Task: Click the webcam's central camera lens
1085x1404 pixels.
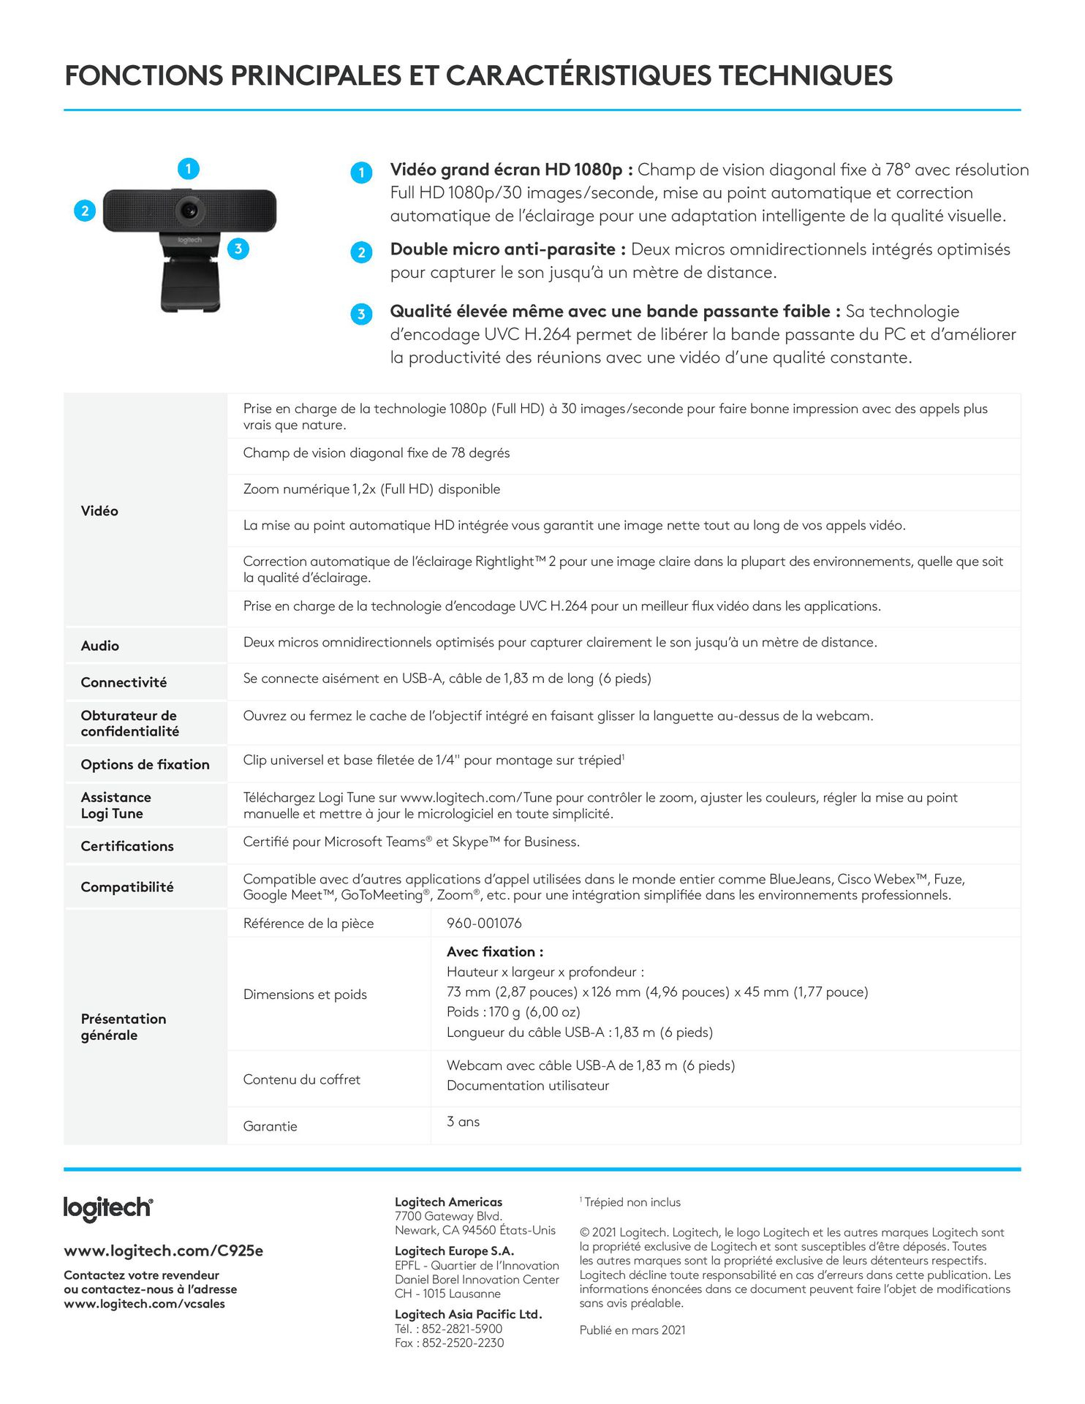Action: [x=189, y=211]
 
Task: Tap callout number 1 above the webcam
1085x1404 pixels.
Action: [x=189, y=169]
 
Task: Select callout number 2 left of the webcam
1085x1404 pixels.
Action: [x=85, y=211]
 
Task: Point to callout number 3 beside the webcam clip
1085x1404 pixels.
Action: [x=238, y=249]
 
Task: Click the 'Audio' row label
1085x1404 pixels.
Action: [x=100, y=646]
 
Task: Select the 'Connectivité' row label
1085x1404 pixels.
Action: [x=124, y=682]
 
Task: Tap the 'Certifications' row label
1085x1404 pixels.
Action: [x=127, y=846]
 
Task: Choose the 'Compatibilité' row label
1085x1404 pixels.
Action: [x=127, y=887]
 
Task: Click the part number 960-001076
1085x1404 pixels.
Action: [x=484, y=923]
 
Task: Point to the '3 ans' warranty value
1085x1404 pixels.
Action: [x=463, y=1122]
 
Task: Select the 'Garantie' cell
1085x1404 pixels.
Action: [x=271, y=1126]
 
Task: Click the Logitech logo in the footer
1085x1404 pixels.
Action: [x=108, y=1208]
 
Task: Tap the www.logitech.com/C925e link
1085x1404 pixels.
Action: [x=163, y=1250]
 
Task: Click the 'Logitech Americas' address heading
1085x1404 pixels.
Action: [x=448, y=1202]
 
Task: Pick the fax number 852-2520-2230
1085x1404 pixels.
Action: [x=463, y=1343]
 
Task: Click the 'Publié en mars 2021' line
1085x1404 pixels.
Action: [x=632, y=1330]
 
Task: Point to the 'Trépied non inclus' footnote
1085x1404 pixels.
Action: [x=632, y=1202]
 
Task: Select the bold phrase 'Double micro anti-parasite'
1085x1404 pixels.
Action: [x=503, y=249]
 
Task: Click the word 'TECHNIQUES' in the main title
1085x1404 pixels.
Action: [x=805, y=76]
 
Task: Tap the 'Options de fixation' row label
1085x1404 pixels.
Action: [x=145, y=764]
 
